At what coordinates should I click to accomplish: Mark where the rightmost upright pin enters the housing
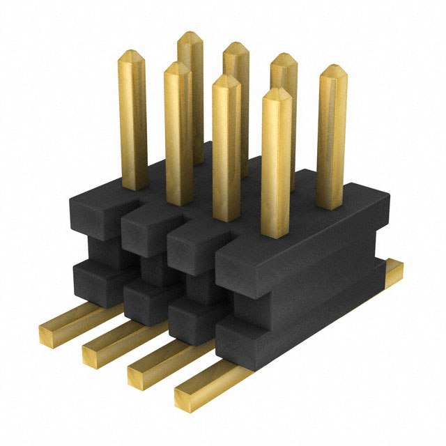[331, 206]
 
